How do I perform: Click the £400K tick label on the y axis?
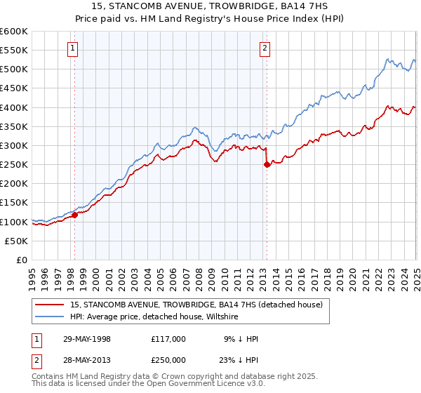click(x=14, y=107)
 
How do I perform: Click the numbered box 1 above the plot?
click(x=74, y=48)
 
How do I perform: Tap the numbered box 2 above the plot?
click(x=265, y=48)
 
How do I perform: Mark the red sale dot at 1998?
click(x=74, y=215)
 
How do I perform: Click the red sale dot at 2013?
click(x=266, y=165)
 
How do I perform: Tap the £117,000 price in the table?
click(x=168, y=339)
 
